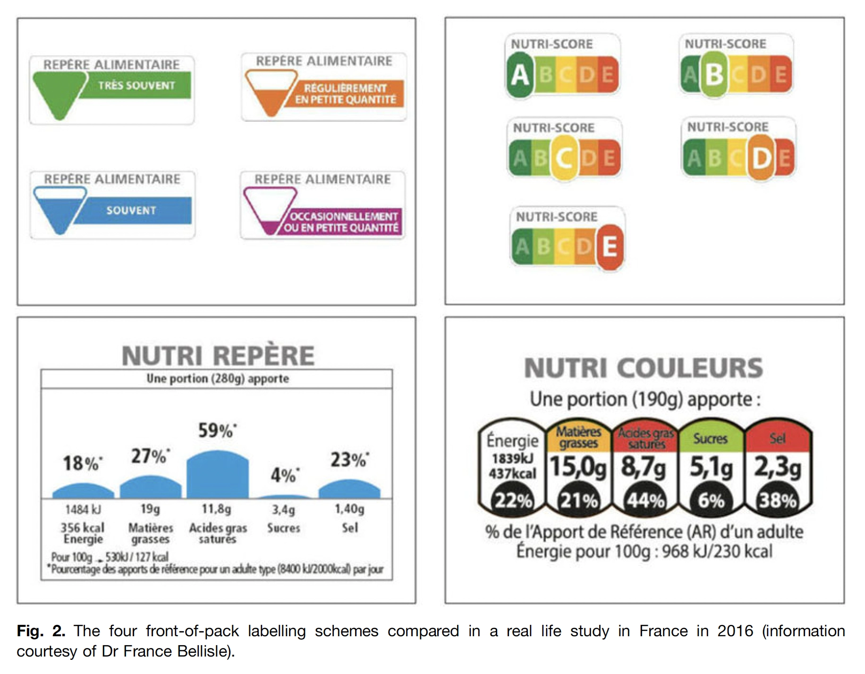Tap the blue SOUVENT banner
tap(131, 211)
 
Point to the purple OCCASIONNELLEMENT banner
tap(343, 222)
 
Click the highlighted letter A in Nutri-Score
tap(520, 75)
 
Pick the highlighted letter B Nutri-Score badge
tap(713, 74)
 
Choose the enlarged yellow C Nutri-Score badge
tap(564, 158)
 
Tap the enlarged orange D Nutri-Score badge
tap(761, 158)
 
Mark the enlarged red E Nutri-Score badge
tap(609, 246)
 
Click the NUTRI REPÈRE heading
tap(218, 355)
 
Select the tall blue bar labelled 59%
tap(217, 475)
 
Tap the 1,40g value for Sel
tap(349, 509)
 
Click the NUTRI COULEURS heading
tap(644, 368)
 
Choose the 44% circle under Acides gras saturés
tap(645, 500)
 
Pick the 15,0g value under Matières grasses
tap(578, 467)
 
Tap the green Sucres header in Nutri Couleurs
tap(710, 438)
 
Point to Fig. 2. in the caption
tap(41, 631)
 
